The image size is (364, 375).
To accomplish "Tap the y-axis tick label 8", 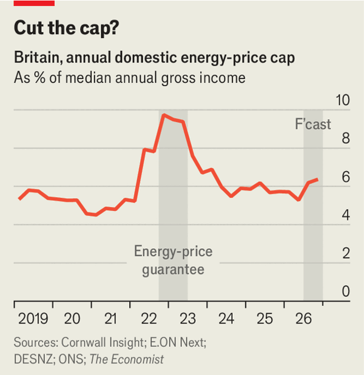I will coord(346,139).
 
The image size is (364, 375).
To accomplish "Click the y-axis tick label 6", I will coord(346,177).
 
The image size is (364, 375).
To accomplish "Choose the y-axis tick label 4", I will coord(346,215).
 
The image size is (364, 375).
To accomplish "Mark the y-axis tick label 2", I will coord(346,254).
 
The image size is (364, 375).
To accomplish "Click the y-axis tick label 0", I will coord(346,292).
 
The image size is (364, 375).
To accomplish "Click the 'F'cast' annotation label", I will coord(309,124).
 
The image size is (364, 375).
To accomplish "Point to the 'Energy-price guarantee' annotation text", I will coord(173,260).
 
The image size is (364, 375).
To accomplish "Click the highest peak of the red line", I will coord(163,115).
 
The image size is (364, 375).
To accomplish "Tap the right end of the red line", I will coord(317,180).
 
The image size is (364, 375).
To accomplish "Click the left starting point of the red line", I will coord(19,198).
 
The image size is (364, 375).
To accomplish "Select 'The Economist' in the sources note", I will coord(127,359).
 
